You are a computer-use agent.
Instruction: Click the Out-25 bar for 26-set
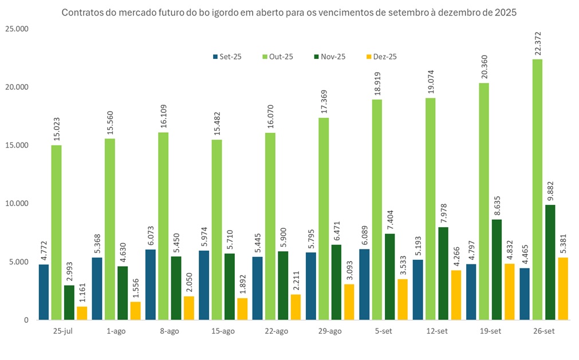tap(538, 189)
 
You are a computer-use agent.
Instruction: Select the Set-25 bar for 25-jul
tap(44, 292)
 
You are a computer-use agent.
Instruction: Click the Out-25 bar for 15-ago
tap(216, 230)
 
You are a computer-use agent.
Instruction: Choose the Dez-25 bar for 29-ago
tap(349, 302)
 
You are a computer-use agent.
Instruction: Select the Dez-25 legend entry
tap(381, 57)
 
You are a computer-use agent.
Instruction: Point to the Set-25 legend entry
tap(227, 57)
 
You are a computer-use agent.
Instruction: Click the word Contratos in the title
tap(80, 13)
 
